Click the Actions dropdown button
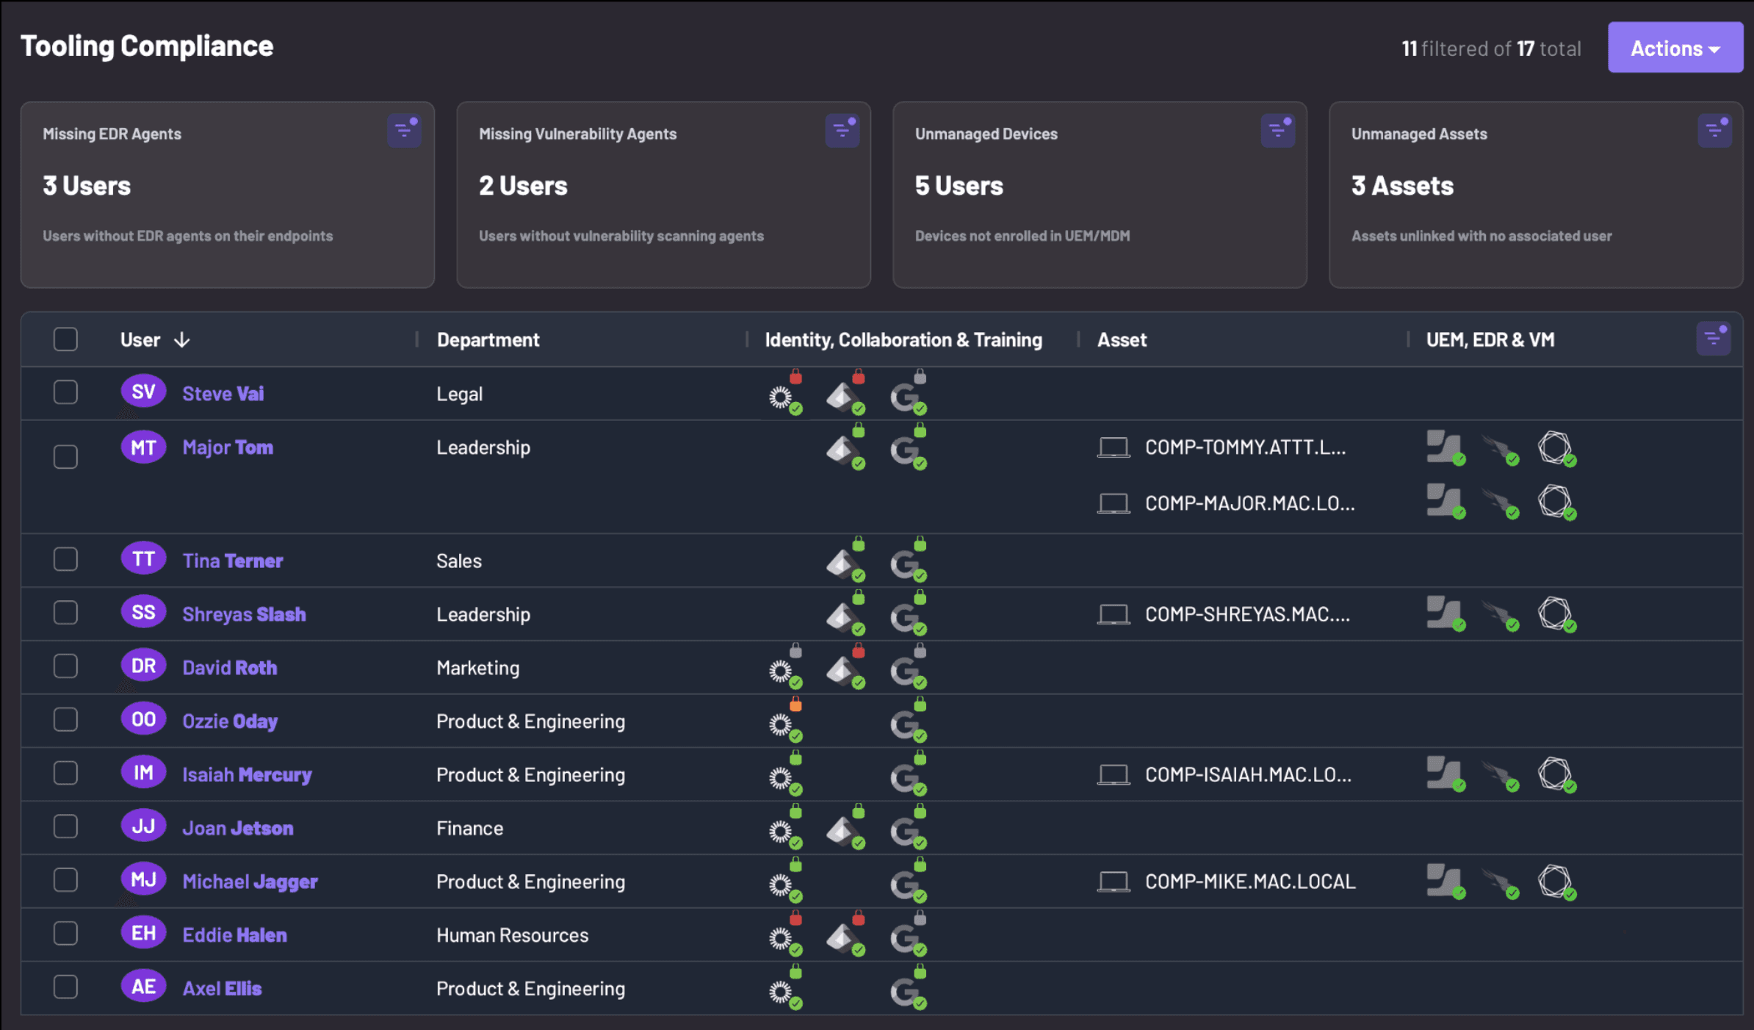[x=1675, y=48]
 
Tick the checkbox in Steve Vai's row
[x=65, y=392]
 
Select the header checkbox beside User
[x=65, y=339]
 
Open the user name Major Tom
[x=228, y=447]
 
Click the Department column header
[x=488, y=339]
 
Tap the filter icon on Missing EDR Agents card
[x=404, y=132]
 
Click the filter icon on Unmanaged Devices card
[x=1277, y=132]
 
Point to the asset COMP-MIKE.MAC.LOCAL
[x=1250, y=882]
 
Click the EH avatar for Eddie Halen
[x=143, y=934]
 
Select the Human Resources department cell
[x=512, y=935]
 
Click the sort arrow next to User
[x=182, y=340]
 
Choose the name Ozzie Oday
[x=230, y=721]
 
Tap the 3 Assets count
[x=1402, y=186]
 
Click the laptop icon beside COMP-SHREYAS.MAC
[x=1114, y=614]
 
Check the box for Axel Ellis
[x=65, y=987]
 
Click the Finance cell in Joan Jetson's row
[x=470, y=828]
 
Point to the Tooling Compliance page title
[x=147, y=46]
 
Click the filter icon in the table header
[x=1714, y=339]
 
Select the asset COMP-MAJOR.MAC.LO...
[x=1250, y=503]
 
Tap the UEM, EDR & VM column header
[x=1490, y=339]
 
